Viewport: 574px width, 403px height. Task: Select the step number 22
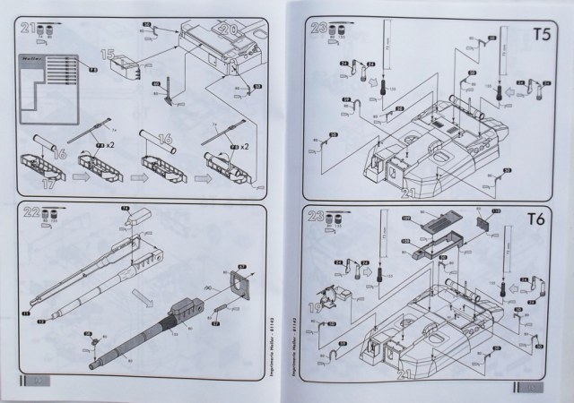[x=30, y=215]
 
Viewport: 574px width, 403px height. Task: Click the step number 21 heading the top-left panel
[x=30, y=29]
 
